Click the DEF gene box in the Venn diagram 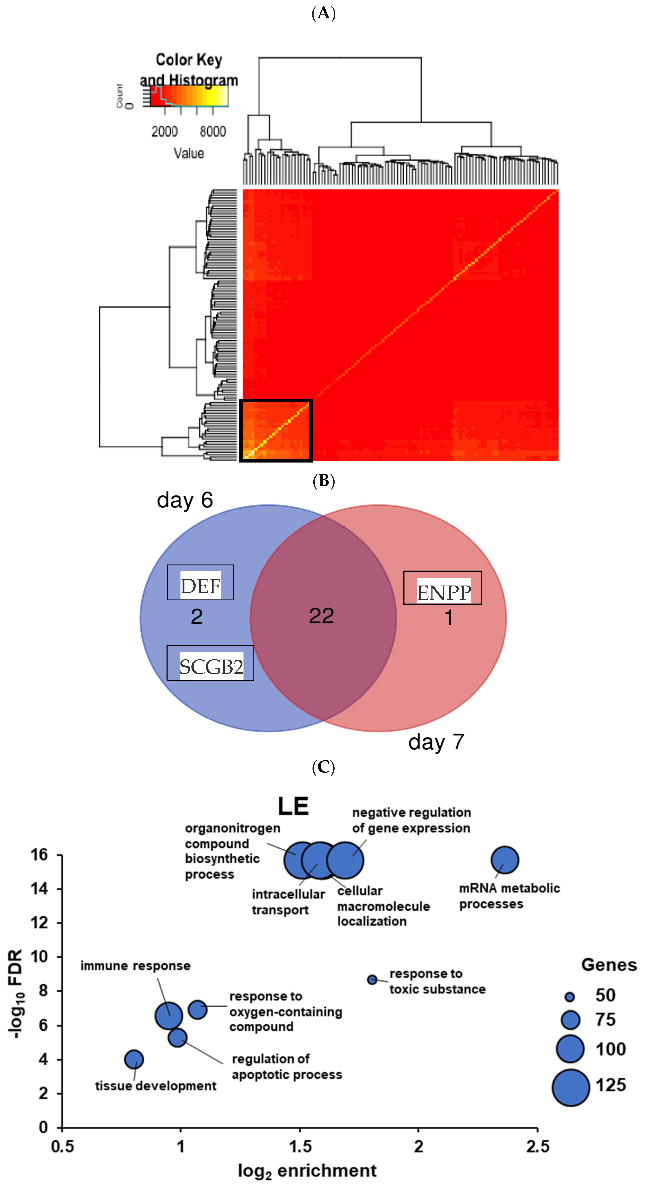[200, 582]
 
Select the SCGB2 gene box [210, 663]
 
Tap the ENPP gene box [442, 588]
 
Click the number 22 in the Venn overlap [321, 615]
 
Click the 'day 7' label [436, 742]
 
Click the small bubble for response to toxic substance [372, 979]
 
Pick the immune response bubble [169, 1016]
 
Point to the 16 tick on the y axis [40, 855]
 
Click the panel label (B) [323, 481]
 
